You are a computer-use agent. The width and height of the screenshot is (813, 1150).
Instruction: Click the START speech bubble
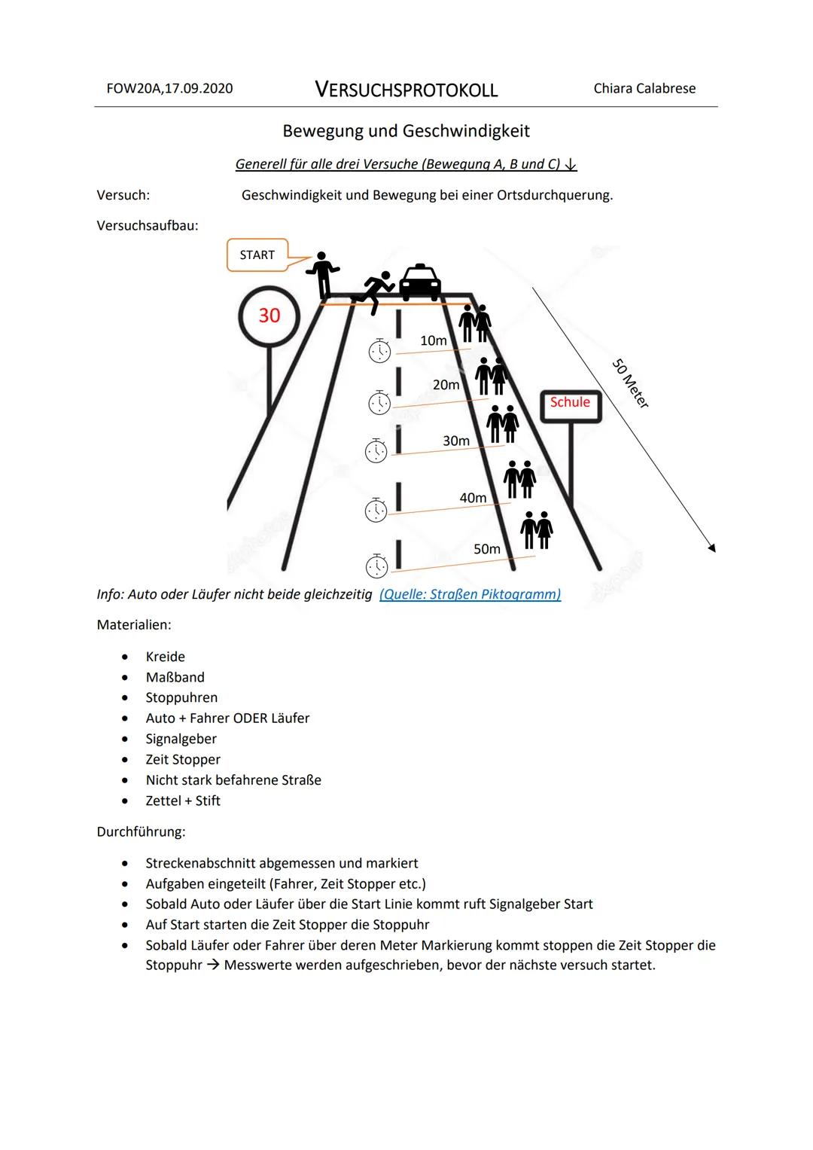click(x=257, y=255)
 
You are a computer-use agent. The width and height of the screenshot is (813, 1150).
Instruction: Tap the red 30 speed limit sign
click(x=269, y=316)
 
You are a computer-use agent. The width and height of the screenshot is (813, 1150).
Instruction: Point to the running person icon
click(x=376, y=291)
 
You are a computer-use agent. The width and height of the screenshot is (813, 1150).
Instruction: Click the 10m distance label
click(x=434, y=341)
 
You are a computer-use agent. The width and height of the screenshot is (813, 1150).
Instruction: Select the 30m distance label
click(x=456, y=441)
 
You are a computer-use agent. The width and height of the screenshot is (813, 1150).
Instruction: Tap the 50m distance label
click(x=487, y=549)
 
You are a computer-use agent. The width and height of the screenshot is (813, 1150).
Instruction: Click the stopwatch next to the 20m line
click(x=379, y=403)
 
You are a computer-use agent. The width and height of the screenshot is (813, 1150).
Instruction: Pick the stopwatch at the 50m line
click(x=376, y=566)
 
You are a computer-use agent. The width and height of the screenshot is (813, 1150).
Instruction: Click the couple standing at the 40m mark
click(x=519, y=479)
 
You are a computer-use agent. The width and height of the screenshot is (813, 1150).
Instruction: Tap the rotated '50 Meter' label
click(x=631, y=383)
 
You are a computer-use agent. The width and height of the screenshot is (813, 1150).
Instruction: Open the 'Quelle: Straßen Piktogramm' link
click(x=470, y=594)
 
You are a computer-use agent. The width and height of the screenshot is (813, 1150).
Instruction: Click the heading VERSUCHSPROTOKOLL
click(x=406, y=90)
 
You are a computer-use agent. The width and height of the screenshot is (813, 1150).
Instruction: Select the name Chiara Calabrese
click(x=644, y=89)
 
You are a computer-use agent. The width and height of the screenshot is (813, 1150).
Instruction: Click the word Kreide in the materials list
click(x=166, y=657)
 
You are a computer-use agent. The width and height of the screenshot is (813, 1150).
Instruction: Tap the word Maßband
click(x=175, y=677)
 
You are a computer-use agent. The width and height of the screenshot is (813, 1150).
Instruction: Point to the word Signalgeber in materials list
click(x=181, y=739)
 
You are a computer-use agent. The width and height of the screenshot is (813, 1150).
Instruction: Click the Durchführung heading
click(x=141, y=832)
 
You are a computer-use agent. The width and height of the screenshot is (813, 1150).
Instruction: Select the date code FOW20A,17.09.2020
click(x=169, y=89)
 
